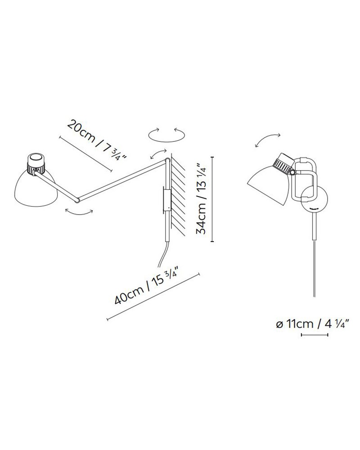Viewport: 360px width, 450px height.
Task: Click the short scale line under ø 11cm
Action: click(314, 335)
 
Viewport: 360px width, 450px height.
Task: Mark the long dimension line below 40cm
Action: click(153, 297)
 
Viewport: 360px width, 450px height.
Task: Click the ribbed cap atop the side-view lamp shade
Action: click(36, 162)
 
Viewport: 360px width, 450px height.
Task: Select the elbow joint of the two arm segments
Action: click(78, 199)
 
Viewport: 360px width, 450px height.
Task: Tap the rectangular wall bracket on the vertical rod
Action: click(166, 200)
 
